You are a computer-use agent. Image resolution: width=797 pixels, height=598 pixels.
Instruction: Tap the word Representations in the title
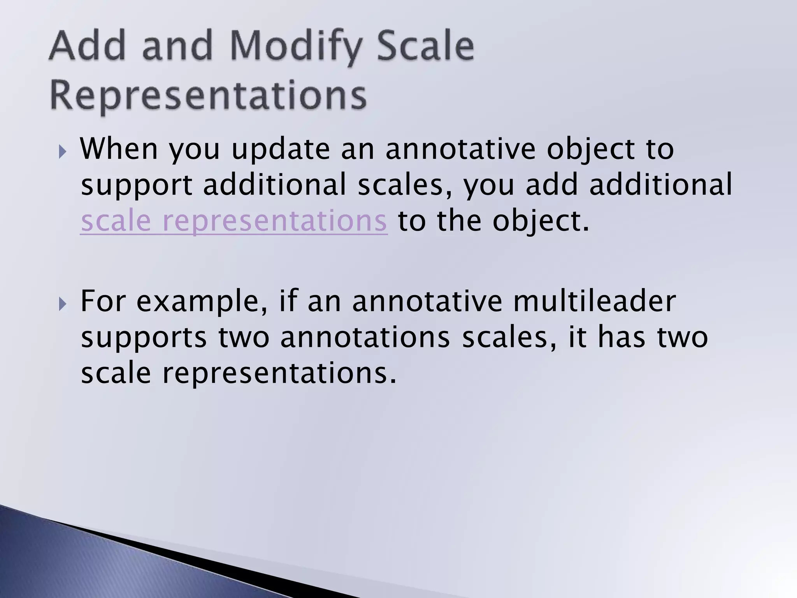(208, 95)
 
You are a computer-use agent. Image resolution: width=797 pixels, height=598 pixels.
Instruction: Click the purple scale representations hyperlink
(233, 221)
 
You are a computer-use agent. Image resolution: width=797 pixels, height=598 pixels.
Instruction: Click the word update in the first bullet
(281, 150)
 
